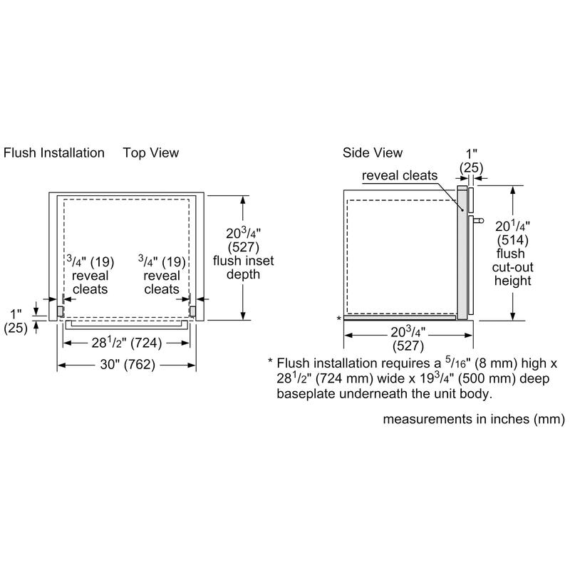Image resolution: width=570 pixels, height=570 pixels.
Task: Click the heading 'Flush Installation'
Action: tap(54, 152)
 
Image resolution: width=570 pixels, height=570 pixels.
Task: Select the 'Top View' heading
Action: tap(150, 152)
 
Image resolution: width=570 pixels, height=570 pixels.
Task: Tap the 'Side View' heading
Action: tap(373, 152)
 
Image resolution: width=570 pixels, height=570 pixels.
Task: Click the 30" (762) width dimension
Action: tap(127, 365)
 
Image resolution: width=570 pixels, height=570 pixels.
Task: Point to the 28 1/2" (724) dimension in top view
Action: tap(127, 343)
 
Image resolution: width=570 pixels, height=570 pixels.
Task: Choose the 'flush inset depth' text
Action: tap(244, 261)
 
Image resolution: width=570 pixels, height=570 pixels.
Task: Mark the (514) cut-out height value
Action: tap(513, 240)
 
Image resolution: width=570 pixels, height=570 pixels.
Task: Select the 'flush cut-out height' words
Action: tap(513, 267)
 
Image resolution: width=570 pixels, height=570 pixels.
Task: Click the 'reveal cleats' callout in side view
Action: tap(400, 175)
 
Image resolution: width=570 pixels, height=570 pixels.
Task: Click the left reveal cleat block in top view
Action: tap(62, 311)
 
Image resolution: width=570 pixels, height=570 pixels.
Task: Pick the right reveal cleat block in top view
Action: tap(192, 311)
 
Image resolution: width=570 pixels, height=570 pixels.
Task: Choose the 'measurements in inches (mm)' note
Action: tap(474, 419)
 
